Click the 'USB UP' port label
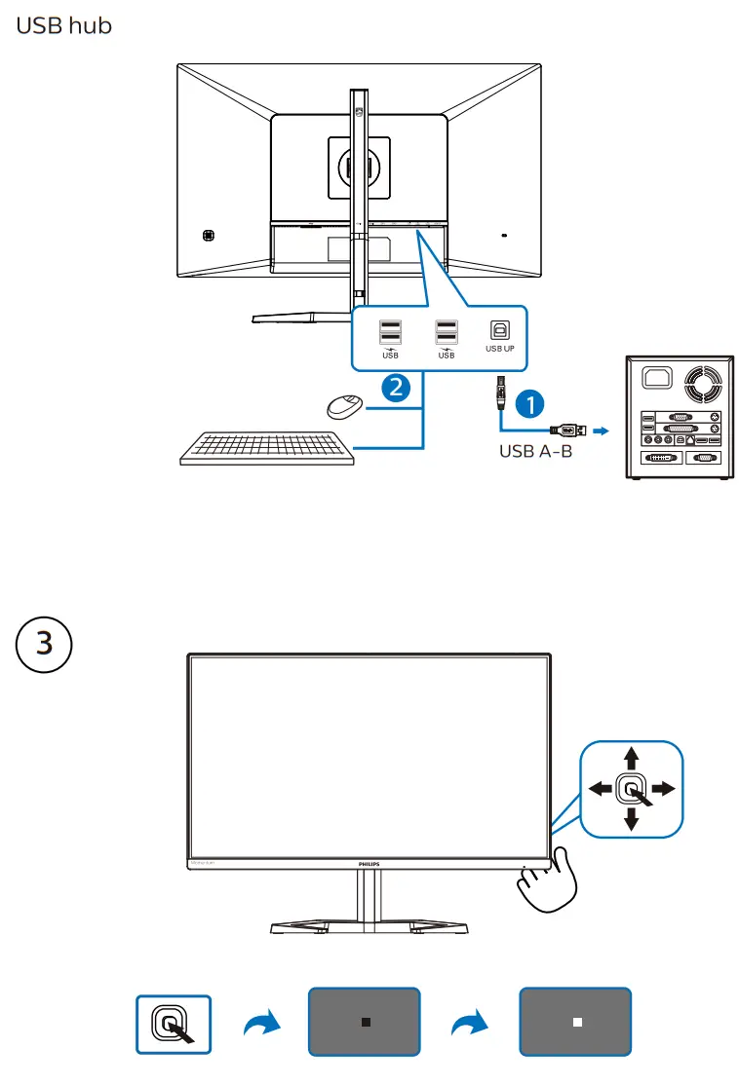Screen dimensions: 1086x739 pyautogui.click(x=499, y=348)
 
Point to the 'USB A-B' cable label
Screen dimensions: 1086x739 pyautogui.click(x=535, y=451)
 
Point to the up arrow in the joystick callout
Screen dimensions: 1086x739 pyautogui.click(x=632, y=756)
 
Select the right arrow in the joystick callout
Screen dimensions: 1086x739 pyautogui.click(x=665, y=789)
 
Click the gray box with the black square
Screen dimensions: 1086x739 pyautogui.click(x=365, y=1022)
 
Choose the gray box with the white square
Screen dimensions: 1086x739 pyautogui.click(x=575, y=1022)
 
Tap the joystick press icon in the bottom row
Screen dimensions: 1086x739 pyautogui.click(x=174, y=1023)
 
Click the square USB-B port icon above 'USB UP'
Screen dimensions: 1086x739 pyautogui.click(x=499, y=329)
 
